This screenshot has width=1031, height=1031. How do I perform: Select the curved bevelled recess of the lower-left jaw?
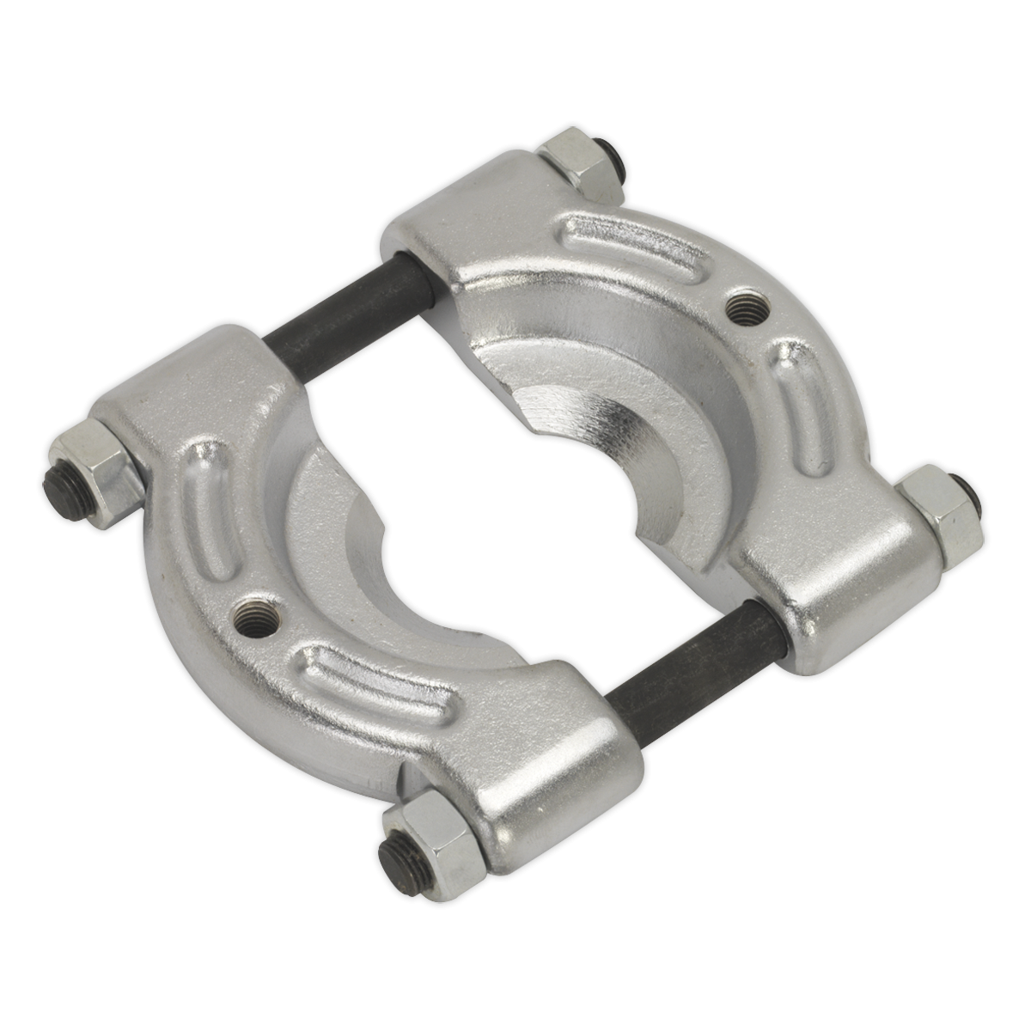click(361, 550)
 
